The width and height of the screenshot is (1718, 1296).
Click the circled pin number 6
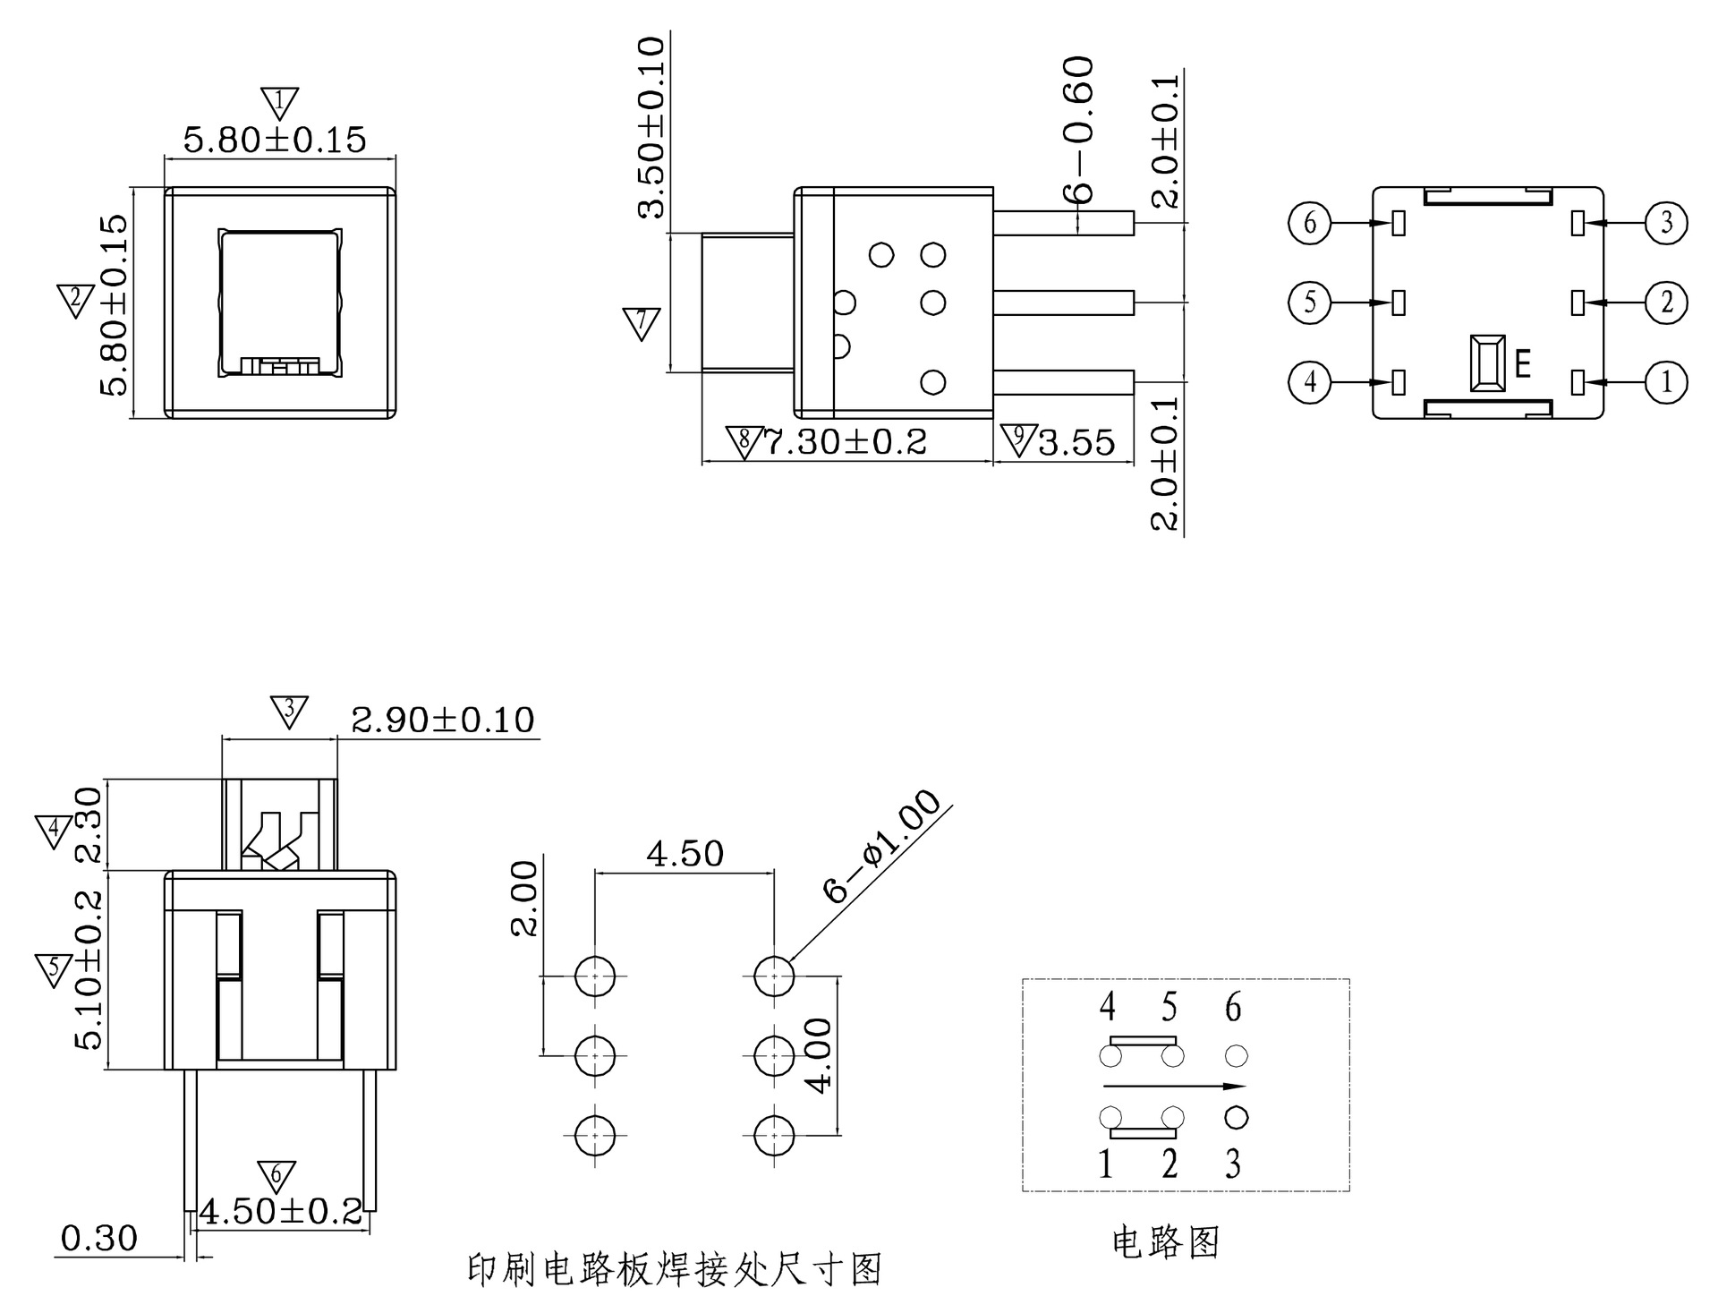point(1310,222)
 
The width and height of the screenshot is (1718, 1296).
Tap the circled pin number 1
point(1666,382)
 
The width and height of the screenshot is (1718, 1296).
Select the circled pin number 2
point(1666,303)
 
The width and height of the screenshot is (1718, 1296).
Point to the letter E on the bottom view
point(1523,364)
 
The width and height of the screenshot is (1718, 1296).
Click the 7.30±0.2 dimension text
point(845,442)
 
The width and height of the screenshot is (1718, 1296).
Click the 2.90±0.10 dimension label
point(442,720)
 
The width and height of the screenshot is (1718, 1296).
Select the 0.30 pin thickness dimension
point(98,1239)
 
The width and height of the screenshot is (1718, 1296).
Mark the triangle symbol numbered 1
point(279,102)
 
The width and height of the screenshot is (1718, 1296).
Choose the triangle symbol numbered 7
point(641,322)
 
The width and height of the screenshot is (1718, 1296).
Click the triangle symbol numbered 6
point(276,1175)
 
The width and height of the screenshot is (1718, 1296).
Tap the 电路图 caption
point(1165,1241)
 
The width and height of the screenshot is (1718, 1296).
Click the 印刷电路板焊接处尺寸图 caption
point(675,1269)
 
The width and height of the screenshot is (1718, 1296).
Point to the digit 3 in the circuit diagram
point(1233,1164)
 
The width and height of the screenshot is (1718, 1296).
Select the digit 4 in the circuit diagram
point(1107,1008)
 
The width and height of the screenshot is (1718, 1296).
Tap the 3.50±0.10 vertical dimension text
point(652,127)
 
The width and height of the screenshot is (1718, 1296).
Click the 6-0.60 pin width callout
point(1079,129)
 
